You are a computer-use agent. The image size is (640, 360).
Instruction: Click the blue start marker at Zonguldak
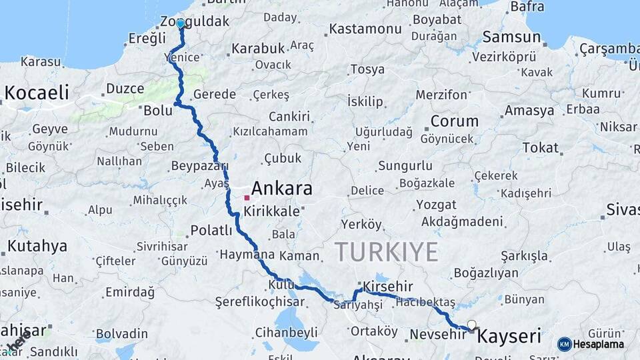click(x=180, y=24)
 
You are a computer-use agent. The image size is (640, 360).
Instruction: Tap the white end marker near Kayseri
click(x=472, y=325)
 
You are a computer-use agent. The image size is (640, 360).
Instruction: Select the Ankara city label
click(x=281, y=189)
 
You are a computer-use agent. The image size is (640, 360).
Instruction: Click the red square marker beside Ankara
click(x=247, y=197)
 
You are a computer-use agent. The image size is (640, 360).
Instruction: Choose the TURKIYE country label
click(x=386, y=252)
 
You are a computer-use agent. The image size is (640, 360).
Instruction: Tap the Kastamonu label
click(x=365, y=29)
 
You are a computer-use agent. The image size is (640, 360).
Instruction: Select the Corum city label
click(x=454, y=121)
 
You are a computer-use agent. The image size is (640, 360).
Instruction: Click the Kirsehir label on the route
click(x=388, y=285)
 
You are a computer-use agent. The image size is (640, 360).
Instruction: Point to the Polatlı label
click(x=211, y=231)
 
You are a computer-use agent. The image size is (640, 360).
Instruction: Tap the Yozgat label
click(x=436, y=205)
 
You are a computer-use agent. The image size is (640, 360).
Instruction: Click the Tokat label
click(x=540, y=147)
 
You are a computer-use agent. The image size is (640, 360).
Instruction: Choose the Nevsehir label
click(x=437, y=334)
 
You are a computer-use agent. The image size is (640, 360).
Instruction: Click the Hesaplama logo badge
click(x=591, y=344)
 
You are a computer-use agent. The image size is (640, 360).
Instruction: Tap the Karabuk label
click(x=257, y=49)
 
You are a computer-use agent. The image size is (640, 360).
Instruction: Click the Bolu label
click(x=158, y=110)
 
